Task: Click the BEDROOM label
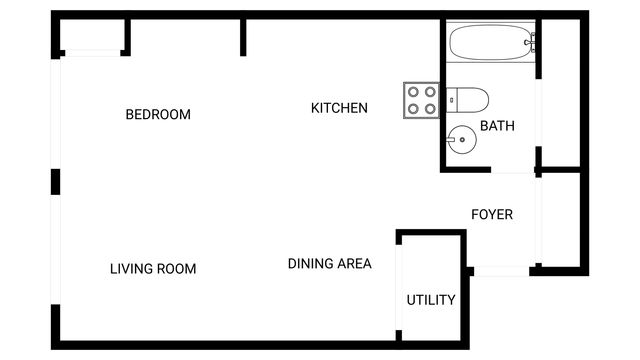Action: click(x=157, y=114)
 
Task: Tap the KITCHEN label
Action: click(x=339, y=108)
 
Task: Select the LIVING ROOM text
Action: click(x=153, y=268)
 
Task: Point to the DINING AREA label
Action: click(x=329, y=264)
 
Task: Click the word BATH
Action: click(x=497, y=126)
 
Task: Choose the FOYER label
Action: click(x=492, y=214)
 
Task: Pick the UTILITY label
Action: click(x=431, y=300)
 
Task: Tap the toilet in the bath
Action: click(x=468, y=99)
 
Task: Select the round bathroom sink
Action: click(x=462, y=139)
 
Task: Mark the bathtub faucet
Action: click(x=530, y=42)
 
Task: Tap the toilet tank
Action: click(x=452, y=99)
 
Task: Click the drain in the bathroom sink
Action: click(x=462, y=139)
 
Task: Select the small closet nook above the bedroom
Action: click(x=93, y=37)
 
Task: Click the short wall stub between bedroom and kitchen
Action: click(x=243, y=38)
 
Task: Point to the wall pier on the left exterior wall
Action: click(x=56, y=182)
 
